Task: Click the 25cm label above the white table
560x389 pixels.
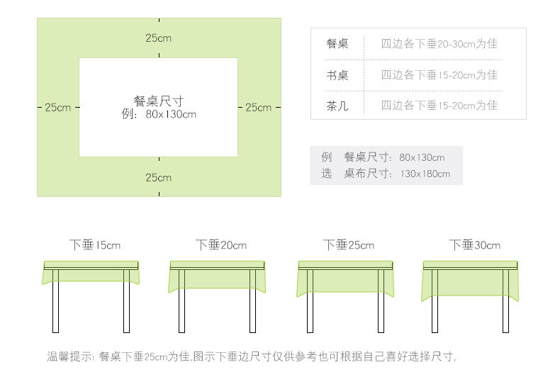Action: [159, 38]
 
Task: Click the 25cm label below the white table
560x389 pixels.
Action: [159, 177]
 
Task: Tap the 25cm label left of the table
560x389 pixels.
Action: [57, 108]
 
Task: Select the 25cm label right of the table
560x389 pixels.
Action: [258, 108]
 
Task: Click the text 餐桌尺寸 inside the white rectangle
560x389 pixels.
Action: [159, 101]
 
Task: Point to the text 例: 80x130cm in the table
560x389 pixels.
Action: [159, 114]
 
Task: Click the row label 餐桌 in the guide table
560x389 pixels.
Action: [337, 44]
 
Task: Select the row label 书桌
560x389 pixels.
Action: [337, 75]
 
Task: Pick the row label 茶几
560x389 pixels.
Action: [337, 106]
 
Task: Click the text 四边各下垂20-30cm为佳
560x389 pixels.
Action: [439, 44]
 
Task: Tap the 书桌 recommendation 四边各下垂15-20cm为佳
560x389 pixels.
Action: [439, 75]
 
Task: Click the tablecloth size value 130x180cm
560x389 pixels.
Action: [425, 174]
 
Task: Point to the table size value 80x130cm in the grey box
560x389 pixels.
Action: [422, 157]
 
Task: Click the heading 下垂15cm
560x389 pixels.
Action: [95, 245]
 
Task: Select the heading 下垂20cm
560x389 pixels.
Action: [221, 245]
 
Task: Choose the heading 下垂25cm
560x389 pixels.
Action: [348, 245]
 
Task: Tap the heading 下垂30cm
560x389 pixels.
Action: [474, 245]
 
